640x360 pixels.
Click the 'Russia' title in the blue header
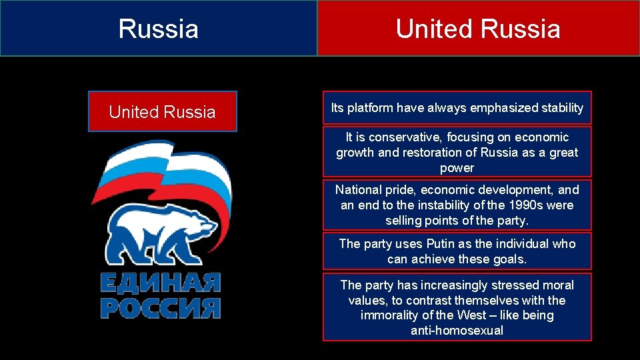tap(159, 29)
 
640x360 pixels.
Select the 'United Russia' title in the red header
tap(478, 29)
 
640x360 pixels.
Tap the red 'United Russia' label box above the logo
tap(162, 112)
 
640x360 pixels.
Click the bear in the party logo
tap(160, 233)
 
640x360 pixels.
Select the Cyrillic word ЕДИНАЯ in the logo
tap(160, 283)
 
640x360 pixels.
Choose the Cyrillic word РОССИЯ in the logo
tap(160, 307)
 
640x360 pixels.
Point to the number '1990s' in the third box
tap(520, 205)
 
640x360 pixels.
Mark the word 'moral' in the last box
tap(557, 285)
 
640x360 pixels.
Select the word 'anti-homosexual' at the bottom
tap(457, 331)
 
